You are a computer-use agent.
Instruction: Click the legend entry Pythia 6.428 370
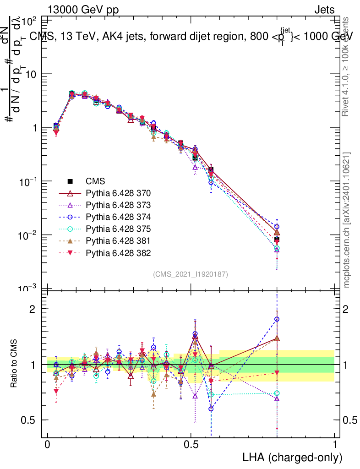point(118,193)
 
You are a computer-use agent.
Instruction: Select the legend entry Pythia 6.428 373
point(118,205)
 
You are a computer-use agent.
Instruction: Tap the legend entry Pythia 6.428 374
point(118,217)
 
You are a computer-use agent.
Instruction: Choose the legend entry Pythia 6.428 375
point(118,229)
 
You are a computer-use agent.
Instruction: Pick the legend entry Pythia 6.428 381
point(118,240)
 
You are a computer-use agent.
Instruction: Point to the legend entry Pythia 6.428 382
point(118,252)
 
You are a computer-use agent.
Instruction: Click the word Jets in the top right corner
point(324,10)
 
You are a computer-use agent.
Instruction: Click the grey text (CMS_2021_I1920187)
point(191,274)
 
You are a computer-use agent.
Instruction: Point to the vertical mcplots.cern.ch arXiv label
point(347,220)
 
